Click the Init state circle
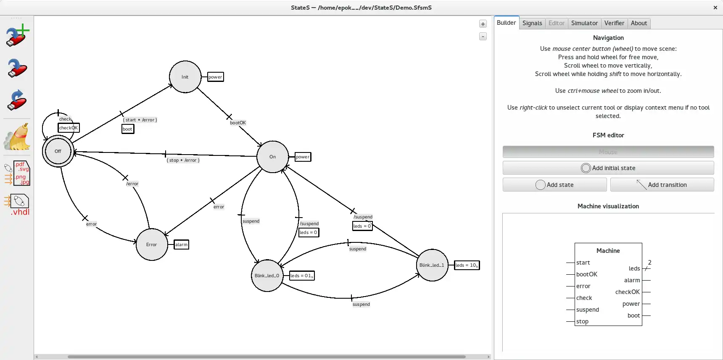[x=185, y=77]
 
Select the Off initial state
[x=58, y=151]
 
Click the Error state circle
[x=152, y=244]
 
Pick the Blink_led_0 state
[x=267, y=276]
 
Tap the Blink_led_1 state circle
[x=432, y=265]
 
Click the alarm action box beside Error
[x=182, y=244]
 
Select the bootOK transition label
[x=238, y=123]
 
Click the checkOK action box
[x=69, y=128]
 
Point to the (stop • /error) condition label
[x=183, y=160]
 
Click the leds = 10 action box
[x=467, y=265]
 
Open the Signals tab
[x=532, y=23]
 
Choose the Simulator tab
[x=584, y=23]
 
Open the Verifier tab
[x=614, y=23]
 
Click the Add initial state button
[x=608, y=168]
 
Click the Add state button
[x=554, y=185]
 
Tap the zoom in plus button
[x=483, y=24]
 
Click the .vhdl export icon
[x=18, y=205]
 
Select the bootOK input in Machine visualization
[x=586, y=274]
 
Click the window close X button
[x=715, y=8]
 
